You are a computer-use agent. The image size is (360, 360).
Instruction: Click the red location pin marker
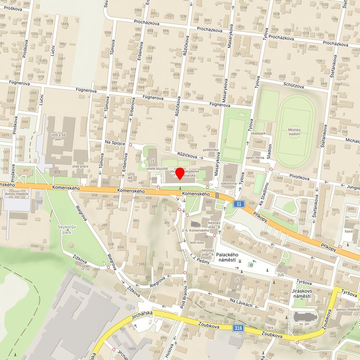pos(180,173)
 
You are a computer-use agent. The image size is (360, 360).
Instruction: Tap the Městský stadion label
pos(294,132)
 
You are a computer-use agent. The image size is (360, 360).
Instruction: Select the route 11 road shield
pos(240,203)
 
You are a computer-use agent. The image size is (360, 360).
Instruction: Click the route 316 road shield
pos(239,328)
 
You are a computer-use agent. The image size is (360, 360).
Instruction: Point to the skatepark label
pos(259,134)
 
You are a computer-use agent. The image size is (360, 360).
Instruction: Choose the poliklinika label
pos(211,150)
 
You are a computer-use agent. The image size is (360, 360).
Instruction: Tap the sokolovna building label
pos(229,183)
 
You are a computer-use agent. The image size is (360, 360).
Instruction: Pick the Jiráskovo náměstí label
pos(301,293)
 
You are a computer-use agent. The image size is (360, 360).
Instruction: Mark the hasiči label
pos(349,232)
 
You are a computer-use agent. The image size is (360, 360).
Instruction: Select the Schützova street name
pos(294,85)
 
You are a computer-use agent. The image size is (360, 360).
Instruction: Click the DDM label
pos(86,266)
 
